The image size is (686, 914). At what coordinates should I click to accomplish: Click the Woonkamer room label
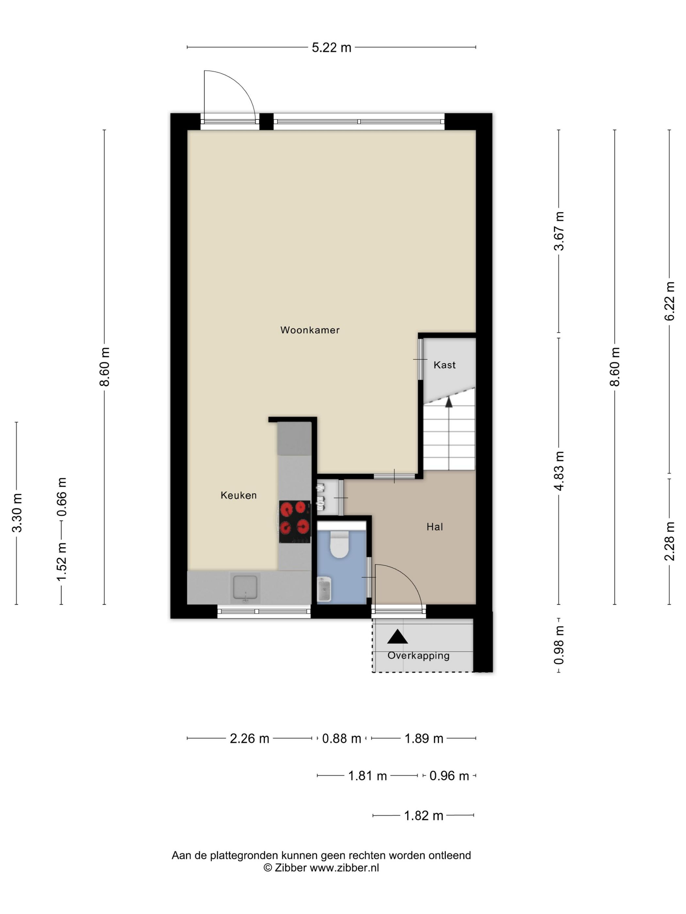(x=310, y=330)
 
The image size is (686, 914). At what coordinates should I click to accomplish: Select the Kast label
(x=445, y=365)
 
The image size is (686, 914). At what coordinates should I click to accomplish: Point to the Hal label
(x=434, y=527)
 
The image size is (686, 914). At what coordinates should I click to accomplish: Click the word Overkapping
(x=418, y=655)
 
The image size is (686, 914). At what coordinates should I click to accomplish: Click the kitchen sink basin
(x=245, y=587)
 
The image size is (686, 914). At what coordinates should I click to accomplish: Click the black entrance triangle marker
(x=397, y=637)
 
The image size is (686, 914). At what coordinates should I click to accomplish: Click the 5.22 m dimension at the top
(x=331, y=48)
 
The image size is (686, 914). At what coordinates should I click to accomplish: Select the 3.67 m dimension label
(x=559, y=231)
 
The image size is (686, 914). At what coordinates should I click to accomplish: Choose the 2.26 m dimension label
(x=249, y=738)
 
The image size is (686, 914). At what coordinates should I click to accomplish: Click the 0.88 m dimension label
(x=342, y=738)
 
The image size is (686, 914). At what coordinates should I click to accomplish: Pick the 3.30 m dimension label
(x=17, y=513)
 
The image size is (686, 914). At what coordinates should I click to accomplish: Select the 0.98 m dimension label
(x=559, y=645)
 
